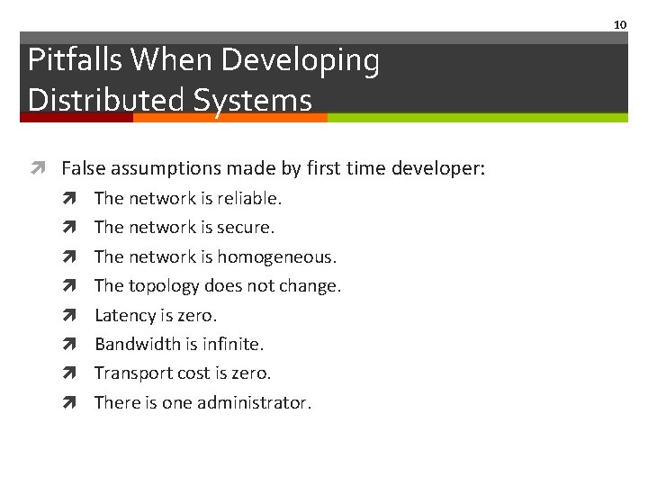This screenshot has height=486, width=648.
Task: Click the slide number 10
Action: pos(620,24)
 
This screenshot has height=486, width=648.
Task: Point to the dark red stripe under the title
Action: pos(76,117)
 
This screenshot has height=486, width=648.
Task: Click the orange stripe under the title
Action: pos(229,117)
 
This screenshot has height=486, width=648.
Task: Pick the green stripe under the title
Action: pos(477,117)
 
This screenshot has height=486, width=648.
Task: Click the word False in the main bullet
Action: pos(82,167)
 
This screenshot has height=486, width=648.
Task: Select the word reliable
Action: pos(249,198)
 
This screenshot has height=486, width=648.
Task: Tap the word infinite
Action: pos(233,344)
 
